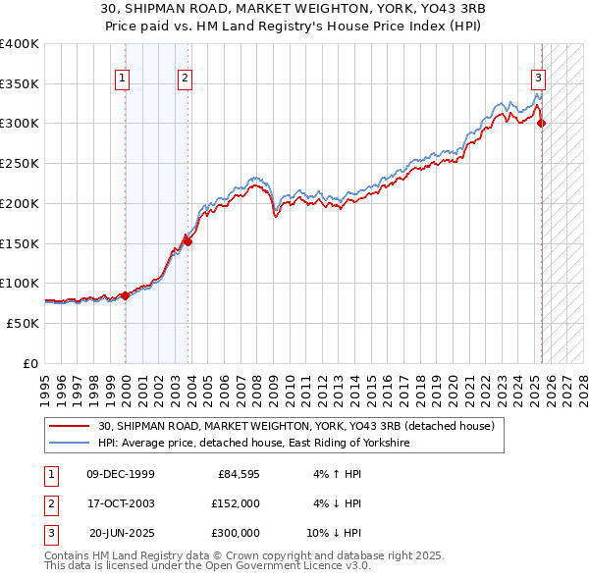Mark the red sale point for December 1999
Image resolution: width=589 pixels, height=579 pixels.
pyautogui.click(x=126, y=294)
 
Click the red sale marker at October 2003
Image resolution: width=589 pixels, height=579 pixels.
pyautogui.click(x=188, y=241)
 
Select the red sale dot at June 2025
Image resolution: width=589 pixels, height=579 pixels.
pyautogui.click(x=542, y=123)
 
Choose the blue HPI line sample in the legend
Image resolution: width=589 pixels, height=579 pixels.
pyautogui.click(x=70, y=444)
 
